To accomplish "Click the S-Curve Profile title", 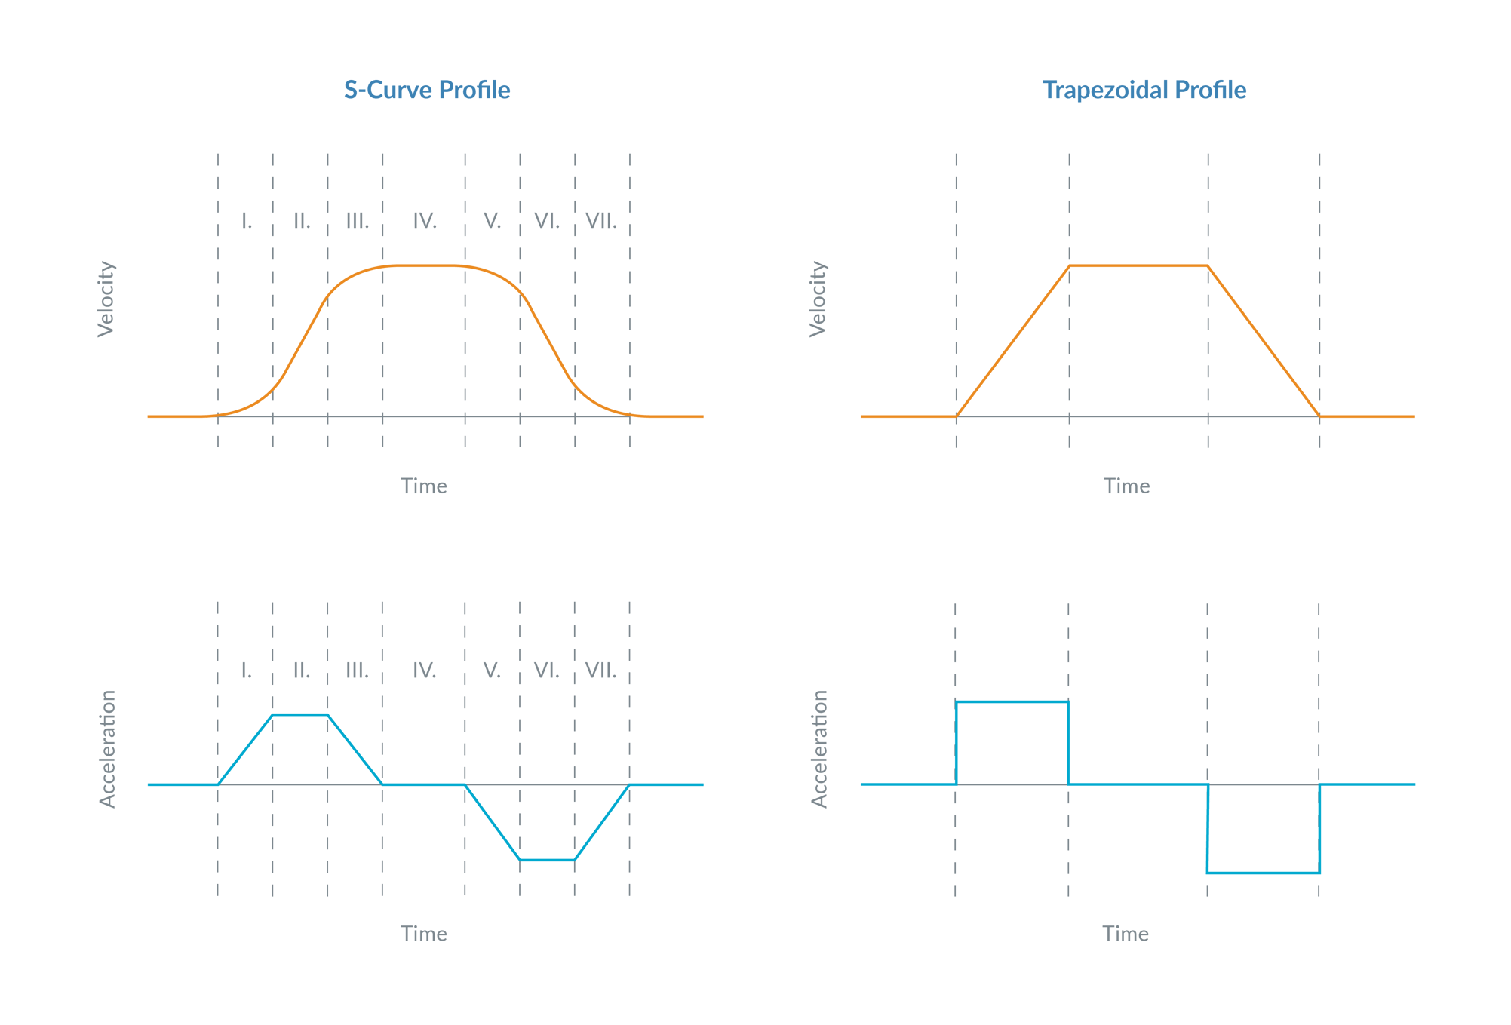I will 427,90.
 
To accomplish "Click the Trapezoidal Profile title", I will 1144,90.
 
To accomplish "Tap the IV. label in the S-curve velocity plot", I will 425,221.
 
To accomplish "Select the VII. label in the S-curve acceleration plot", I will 601,670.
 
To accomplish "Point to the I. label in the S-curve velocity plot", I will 247,221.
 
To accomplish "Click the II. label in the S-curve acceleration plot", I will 302,670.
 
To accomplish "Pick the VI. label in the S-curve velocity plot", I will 547,221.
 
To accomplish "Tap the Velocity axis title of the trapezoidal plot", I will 818,299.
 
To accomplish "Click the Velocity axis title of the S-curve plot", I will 106,299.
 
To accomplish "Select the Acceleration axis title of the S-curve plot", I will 108,748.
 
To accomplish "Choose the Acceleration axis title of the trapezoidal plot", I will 819,748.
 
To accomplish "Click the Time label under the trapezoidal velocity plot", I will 1126,486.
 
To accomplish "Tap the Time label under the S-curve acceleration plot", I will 424,934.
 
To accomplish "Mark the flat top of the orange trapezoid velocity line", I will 1138,265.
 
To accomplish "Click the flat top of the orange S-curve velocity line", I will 425,265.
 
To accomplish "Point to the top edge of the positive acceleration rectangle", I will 1012,701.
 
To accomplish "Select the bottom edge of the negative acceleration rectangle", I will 1264,873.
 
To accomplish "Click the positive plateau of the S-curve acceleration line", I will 300,714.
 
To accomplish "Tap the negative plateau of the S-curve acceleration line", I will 547,860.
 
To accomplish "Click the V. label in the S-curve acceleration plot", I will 492,670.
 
